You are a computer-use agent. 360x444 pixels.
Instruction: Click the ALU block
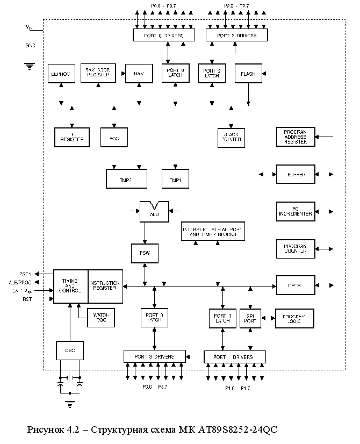154,212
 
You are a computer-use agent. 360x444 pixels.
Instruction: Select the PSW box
145,253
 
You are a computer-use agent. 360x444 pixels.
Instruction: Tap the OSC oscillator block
70,350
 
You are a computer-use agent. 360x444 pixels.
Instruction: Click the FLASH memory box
248,74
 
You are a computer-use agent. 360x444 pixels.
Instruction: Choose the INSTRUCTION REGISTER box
105,285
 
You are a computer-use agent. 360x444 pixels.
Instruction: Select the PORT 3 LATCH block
154,318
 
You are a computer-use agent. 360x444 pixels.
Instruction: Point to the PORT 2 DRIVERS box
237,35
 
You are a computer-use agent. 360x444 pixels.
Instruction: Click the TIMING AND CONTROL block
70,285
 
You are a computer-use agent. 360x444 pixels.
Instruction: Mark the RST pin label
27,300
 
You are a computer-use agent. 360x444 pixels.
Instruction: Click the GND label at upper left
30,46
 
